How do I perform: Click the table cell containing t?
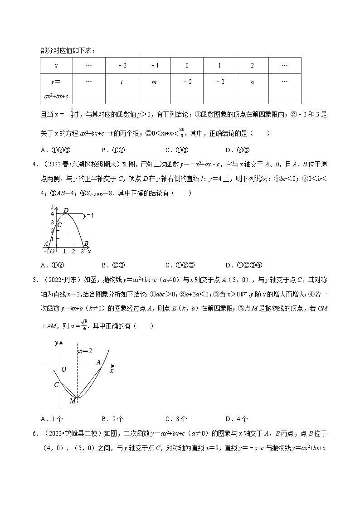click(x=122, y=82)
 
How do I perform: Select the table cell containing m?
click(x=155, y=82)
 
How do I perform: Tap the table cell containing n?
click(x=252, y=82)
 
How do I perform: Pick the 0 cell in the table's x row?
click(x=187, y=66)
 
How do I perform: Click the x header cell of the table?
click(x=56, y=66)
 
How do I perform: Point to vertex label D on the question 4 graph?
click(x=66, y=210)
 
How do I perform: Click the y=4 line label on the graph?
click(x=88, y=216)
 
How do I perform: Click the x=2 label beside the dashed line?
click(x=85, y=351)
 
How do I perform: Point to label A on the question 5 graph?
click(x=98, y=362)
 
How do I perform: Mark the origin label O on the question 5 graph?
click(x=63, y=369)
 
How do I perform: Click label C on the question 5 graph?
click(x=57, y=385)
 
